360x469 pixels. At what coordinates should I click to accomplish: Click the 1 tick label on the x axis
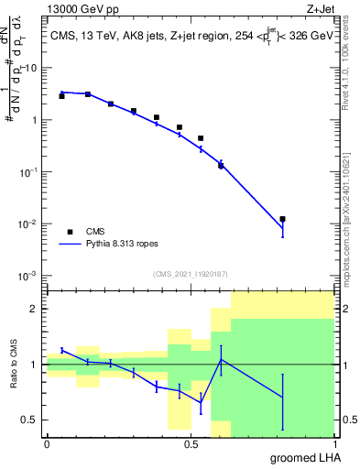tap(333, 443)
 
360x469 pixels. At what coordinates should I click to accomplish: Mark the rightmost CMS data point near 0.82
tap(282, 219)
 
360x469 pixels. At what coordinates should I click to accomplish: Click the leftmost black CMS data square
tap(61, 95)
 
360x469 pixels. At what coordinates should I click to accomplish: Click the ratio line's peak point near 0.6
tap(221, 359)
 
